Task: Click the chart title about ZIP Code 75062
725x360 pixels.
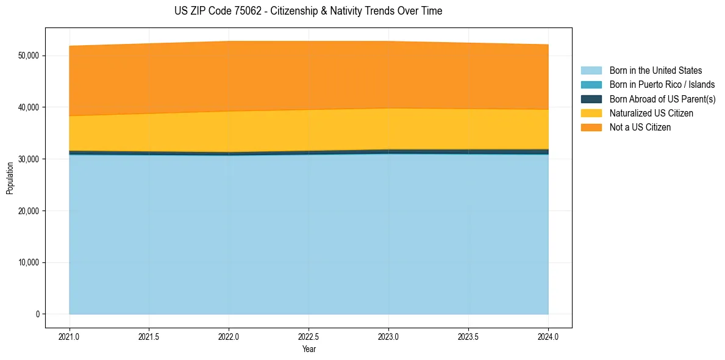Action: tap(308, 11)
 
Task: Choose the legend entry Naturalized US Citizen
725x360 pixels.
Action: tap(651, 113)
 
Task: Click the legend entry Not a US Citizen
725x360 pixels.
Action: tap(640, 128)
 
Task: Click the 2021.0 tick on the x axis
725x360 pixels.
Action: tap(70, 336)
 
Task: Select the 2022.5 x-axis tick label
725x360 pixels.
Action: tap(309, 336)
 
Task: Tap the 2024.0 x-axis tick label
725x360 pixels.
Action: tap(548, 336)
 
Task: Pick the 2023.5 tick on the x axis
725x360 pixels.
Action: tap(468, 336)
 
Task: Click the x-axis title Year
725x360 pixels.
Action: tap(309, 350)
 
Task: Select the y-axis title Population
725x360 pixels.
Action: tap(10, 178)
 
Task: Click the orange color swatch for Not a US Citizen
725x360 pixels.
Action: tap(591, 128)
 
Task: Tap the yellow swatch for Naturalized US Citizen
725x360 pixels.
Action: tap(591, 113)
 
